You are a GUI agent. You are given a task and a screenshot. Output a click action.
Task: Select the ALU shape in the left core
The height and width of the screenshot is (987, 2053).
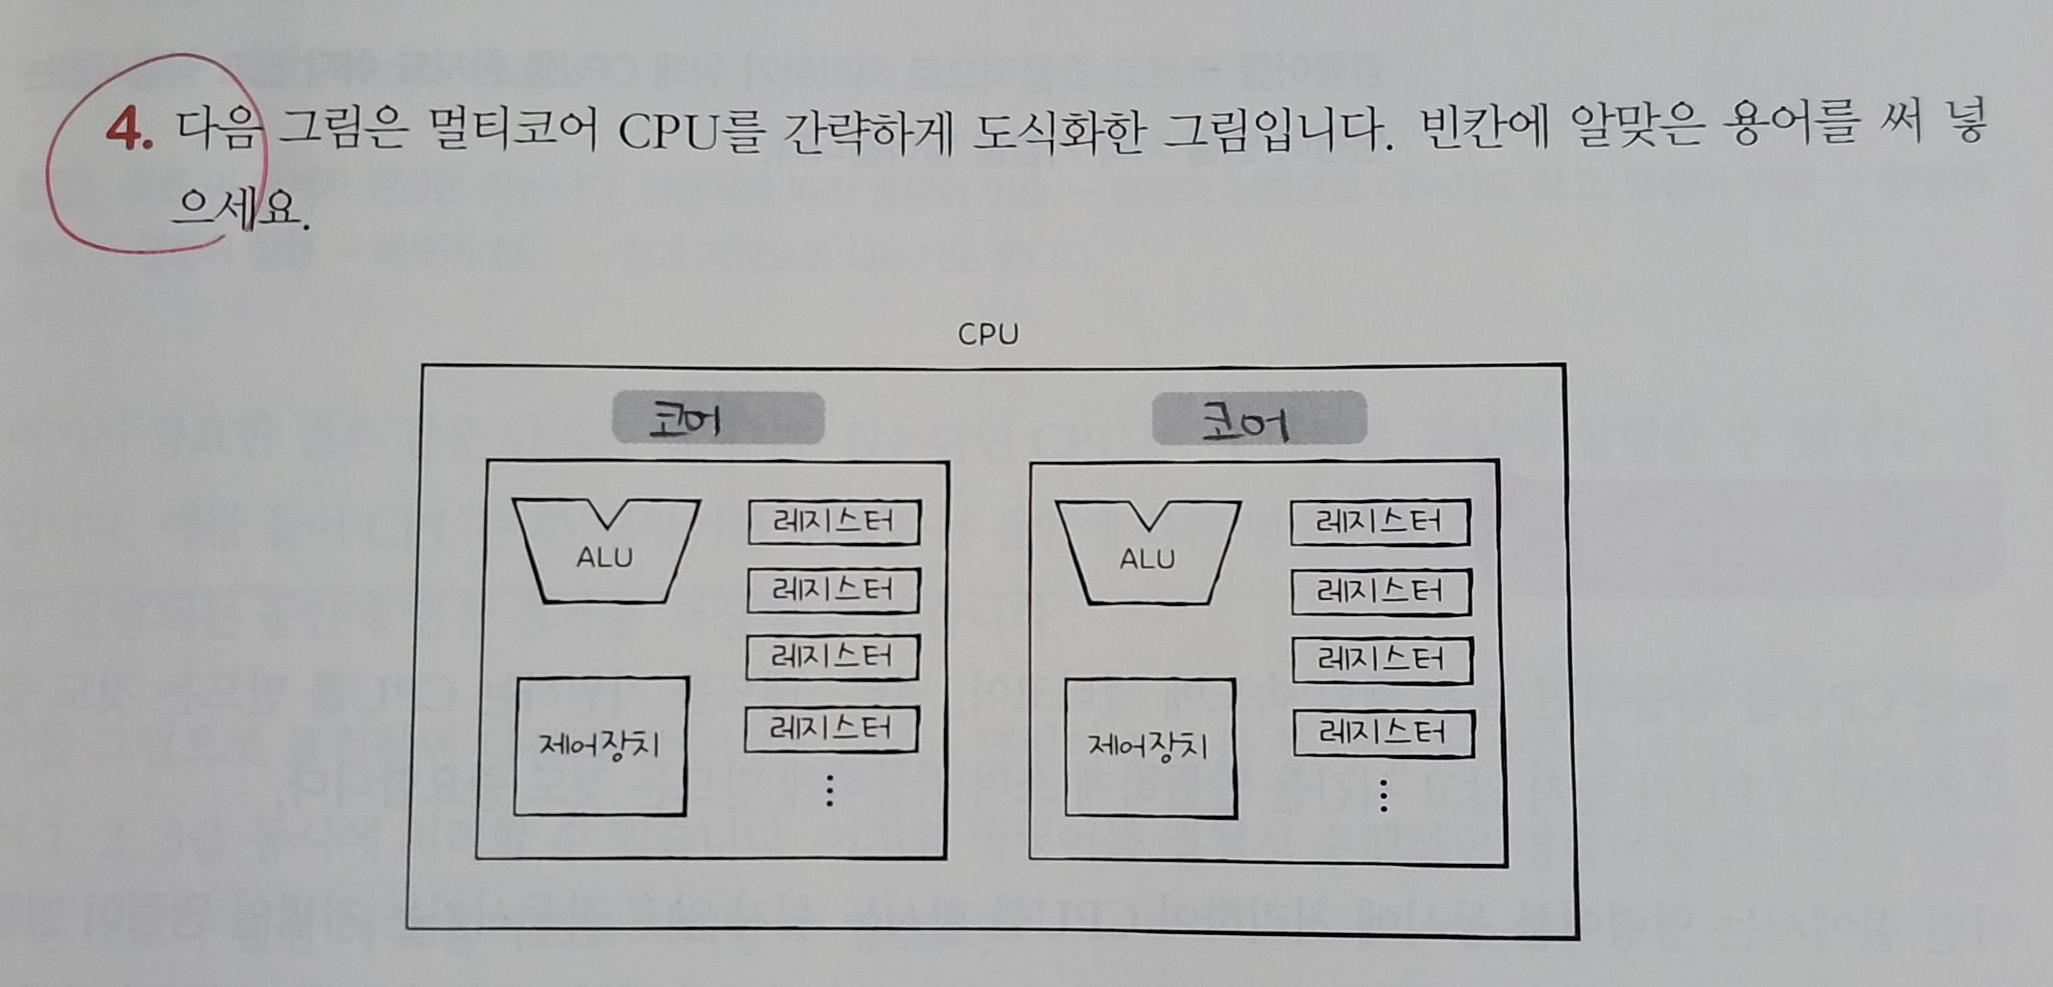[x=606, y=551]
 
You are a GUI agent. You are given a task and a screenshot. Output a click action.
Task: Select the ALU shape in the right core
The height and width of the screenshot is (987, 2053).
[x=1147, y=552]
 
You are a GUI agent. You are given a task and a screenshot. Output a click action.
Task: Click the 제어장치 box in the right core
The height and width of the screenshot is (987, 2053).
[x=1149, y=748]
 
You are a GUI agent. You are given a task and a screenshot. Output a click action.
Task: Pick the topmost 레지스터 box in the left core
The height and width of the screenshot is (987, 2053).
[x=833, y=522]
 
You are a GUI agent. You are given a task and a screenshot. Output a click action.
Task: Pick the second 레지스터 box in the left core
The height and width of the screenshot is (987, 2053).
[x=833, y=590]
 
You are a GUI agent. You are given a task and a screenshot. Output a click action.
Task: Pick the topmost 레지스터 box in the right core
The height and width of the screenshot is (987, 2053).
[x=1380, y=523]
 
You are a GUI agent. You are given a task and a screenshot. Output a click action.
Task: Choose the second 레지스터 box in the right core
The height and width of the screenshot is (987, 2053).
[x=1380, y=592]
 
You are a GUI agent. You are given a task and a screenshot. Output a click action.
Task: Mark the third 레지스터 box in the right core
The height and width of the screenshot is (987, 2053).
[x=1381, y=660]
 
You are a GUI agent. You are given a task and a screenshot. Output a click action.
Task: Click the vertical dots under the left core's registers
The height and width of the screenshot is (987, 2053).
[x=830, y=791]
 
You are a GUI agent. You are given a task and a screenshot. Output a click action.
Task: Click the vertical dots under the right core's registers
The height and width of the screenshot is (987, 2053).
[x=1384, y=796]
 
